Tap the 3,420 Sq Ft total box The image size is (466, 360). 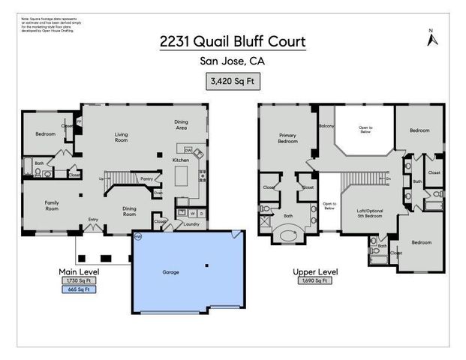pyautogui.click(x=233, y=79)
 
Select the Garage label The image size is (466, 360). pyautogui.click(x=171, y=271)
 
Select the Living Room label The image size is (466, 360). pyautogui.click(x=121, y=137)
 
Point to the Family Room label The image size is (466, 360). pyautogui.click(x=52, y=205)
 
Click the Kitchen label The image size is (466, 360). pyautogui.click(x=181, y=160)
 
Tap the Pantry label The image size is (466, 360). pyautogui.click(x=147, y=178)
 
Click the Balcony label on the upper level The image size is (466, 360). pyautogui.click(x=326, y=127)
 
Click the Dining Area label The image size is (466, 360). pyautogui.click(x=181, y=124)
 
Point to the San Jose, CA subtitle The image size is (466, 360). pyautogui.click(x=233, y=62)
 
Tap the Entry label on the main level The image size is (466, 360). pyautogui.click(x=93, y=219)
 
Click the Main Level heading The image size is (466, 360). pyautogui.click(x=79, y=271)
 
